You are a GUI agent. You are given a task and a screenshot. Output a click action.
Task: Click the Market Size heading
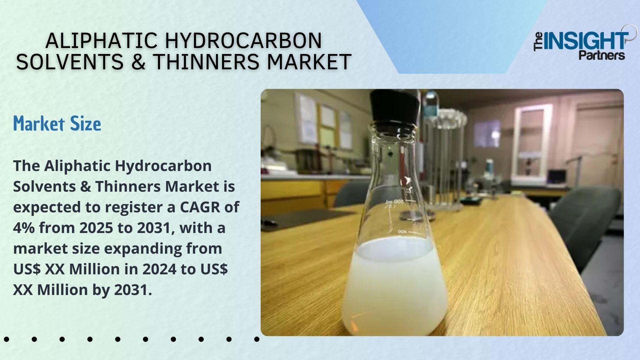coord(57,124)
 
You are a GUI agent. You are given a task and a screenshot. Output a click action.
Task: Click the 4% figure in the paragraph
coord(24,228)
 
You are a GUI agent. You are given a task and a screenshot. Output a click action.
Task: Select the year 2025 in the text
coord(95,228)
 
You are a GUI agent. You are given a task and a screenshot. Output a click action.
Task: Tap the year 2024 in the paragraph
coord(159,269)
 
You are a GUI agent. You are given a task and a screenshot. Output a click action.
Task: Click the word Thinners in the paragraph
coord(128,187)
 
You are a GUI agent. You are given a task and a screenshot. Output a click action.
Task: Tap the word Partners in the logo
coord(601,55)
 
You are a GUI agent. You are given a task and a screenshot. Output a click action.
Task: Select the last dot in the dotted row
coord(257,339)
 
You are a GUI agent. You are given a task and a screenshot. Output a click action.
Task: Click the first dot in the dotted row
coord(6,339)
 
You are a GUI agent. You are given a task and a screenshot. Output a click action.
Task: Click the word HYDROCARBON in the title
coord(243,41)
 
